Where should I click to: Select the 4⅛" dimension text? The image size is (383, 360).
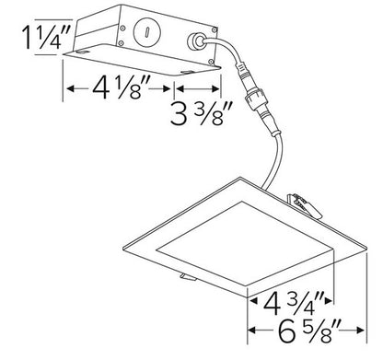point(115,90)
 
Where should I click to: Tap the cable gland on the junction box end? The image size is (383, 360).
point(196,41)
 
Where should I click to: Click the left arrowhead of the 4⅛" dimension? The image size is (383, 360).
point(67,90)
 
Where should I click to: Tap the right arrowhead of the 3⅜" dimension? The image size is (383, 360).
point(219,90)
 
